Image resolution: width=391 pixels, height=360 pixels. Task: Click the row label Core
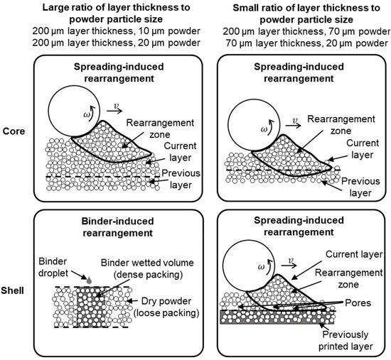[x=18, y=131]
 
